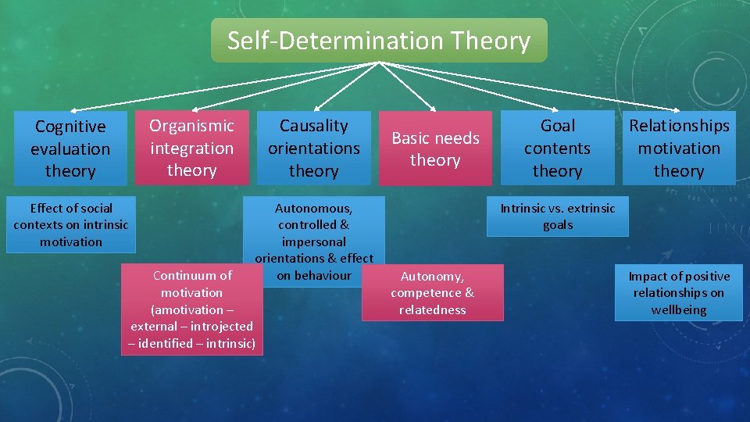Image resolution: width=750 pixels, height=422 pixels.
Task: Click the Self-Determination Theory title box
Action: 379,41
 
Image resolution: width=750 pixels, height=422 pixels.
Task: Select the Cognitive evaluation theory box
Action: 70,148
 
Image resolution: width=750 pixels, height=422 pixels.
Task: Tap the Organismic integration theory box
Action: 192,148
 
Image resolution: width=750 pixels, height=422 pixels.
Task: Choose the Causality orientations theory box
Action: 314,148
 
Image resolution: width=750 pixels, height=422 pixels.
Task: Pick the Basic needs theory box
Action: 435,148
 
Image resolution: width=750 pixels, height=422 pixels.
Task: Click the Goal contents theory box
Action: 558,148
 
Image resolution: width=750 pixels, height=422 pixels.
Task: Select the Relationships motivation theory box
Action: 679,148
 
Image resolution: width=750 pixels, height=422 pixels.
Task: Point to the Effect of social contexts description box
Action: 71,225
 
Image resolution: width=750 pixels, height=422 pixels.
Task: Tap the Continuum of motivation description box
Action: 192,309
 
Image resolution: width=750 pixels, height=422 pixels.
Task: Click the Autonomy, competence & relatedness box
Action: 433,293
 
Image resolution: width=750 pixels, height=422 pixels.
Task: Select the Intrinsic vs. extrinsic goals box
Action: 558,216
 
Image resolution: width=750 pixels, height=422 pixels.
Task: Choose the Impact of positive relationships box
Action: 679,293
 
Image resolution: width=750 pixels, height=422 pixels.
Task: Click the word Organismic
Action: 192,126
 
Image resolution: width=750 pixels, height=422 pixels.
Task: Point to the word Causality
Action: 314,126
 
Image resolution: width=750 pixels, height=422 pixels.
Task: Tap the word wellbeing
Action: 679,310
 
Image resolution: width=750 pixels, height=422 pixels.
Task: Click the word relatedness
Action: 433,310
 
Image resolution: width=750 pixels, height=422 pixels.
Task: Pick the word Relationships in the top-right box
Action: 679,126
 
